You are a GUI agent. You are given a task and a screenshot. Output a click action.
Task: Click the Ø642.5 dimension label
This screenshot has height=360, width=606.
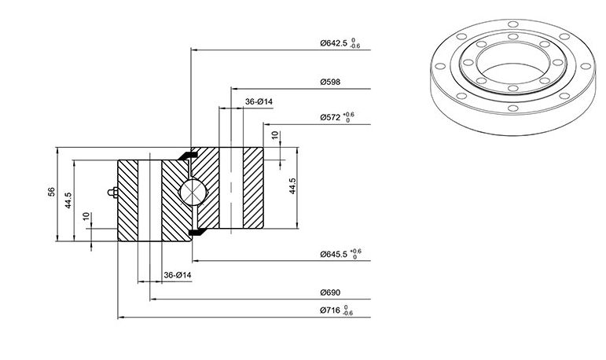(x=333, y=43)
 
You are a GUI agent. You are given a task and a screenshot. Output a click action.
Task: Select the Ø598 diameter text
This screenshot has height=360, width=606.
(x=330, y=82)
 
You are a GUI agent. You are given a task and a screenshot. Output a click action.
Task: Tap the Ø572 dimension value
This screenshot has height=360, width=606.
(x=330, y=117)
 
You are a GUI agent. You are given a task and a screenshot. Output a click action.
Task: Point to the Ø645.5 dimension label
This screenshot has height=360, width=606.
(x=333, y=254)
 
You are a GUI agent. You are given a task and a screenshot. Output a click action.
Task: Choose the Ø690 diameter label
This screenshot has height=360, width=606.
(x=330, y=292)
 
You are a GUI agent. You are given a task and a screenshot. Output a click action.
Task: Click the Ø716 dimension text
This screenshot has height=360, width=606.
(x=330, y=310)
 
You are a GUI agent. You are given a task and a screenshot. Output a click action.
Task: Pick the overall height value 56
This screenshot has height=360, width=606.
(x=51, y=192)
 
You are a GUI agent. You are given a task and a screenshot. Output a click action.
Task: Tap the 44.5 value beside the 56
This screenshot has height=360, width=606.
(x=68, y=200)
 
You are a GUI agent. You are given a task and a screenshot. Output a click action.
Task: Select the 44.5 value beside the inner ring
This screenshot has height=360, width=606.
(x=292, y=186)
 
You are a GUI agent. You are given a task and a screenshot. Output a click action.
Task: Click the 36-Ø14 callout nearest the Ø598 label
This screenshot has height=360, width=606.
(x=259, y=101)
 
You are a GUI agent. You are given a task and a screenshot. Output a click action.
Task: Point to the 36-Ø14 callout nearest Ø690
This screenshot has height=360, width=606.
(x=178, y=275)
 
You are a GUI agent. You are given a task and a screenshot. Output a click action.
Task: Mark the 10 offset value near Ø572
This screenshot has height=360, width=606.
(x=275, y=135)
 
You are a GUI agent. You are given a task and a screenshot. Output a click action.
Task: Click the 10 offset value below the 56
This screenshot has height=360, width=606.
(x=86, y=216)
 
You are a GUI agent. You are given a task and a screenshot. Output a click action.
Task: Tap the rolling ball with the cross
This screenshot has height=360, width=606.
(x=193, y=192)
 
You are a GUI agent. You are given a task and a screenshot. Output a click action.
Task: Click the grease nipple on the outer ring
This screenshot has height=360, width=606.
(x=113, y=192)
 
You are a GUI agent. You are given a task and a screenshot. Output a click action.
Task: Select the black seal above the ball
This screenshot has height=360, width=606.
(x=188, y=155)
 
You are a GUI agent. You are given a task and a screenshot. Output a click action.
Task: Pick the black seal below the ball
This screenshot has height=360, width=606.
(x=197, y=232)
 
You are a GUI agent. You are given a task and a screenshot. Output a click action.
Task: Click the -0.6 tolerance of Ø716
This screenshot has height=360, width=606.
(x=348, y=313)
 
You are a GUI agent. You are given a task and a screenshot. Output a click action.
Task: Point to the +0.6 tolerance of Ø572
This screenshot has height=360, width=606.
(x=349, y=115)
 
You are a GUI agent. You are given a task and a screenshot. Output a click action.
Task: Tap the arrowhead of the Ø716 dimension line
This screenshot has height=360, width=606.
(x=120, y=317)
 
